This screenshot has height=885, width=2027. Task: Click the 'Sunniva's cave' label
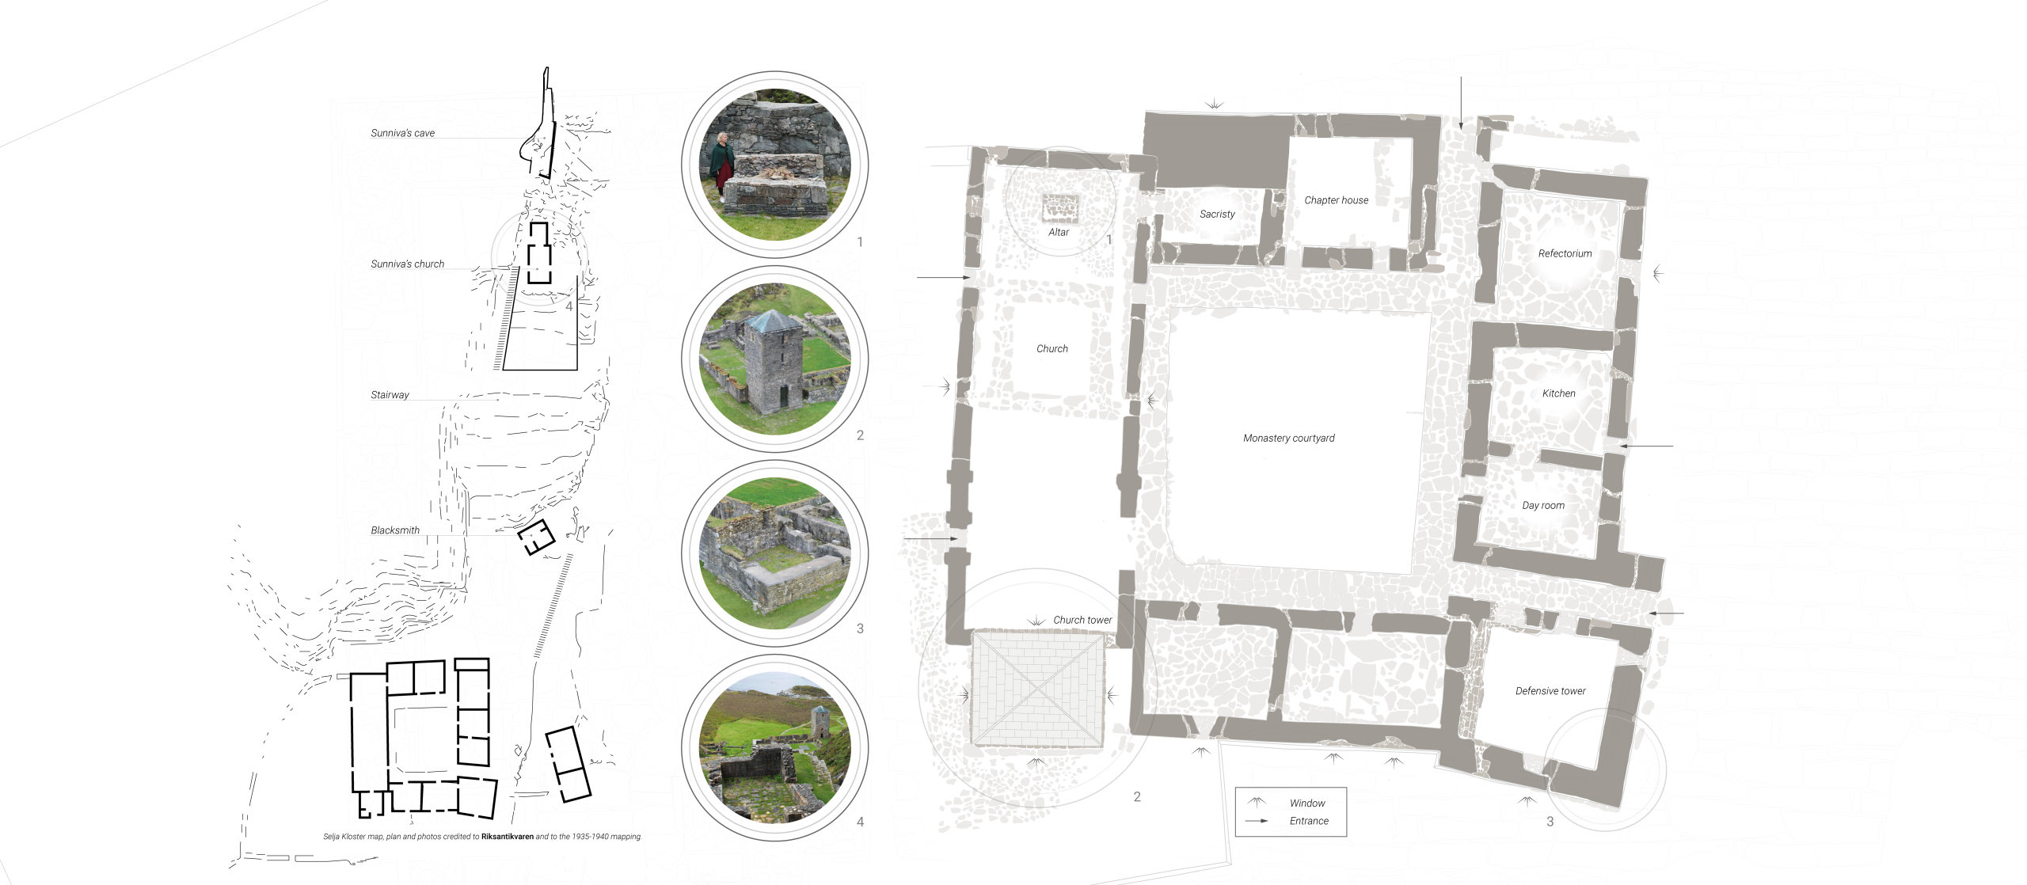402,133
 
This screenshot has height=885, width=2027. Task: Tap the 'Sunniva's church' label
407,264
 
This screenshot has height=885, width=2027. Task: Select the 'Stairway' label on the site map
390,395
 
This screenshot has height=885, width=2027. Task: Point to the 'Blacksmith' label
395,530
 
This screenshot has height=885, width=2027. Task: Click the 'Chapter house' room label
1337,200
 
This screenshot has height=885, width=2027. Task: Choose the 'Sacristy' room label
1217,214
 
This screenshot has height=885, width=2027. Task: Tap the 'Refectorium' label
1565,253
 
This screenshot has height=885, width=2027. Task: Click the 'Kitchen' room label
1558,393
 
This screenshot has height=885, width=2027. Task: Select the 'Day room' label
1543,506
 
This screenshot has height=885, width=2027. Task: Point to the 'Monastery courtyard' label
1289,438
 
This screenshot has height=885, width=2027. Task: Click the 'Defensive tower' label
1550,691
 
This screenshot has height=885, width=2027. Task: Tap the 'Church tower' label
1082,620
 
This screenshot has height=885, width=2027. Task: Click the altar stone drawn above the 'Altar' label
1060,208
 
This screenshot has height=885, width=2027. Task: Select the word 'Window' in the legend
1307,803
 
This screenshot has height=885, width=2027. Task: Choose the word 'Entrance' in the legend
1309,821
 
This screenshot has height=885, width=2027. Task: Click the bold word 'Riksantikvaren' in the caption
508,836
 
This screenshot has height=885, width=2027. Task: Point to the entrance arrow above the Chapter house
1461,103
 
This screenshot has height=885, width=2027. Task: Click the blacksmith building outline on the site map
536,537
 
